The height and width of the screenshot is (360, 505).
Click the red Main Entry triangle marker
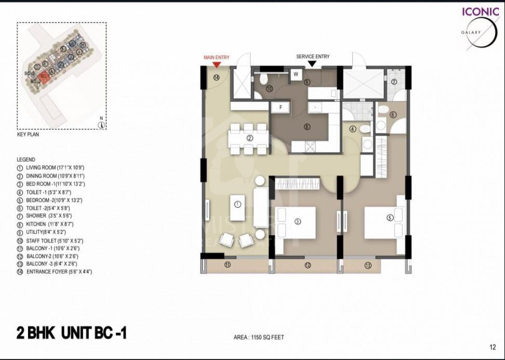click(217, 64)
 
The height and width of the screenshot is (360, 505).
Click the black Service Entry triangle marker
click(312, 64)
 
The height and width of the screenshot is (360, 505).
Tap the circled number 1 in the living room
click(237, 204)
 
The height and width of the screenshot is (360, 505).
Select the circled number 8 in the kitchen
click(307, 126)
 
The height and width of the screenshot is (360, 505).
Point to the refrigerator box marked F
click(281, 107)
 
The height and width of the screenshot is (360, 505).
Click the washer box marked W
click(296, 74)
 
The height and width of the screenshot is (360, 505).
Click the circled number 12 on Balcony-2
click(308, 265)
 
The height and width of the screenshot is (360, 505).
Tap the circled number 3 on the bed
click(298, 221)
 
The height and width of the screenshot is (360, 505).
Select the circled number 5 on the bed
click(390, 218)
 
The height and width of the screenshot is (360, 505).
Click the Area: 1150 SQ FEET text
click(259, 337)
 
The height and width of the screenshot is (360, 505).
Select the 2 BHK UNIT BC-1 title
click(71, 333)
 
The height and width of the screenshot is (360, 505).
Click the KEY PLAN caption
click(28, 134)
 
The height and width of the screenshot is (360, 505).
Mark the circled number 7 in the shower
click(394, 82)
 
